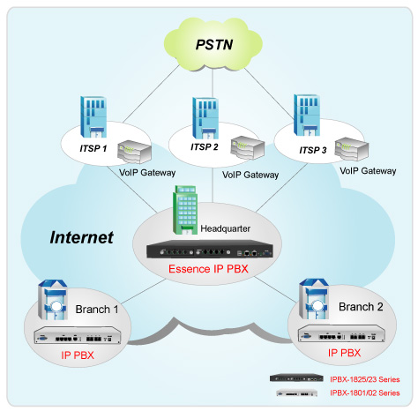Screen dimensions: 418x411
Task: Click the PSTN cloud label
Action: click(x=214, y=45)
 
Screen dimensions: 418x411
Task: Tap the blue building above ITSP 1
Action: click(x=93, y=116)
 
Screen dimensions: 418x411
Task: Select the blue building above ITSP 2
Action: click(x=205, y=118)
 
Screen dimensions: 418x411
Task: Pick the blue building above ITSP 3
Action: click(x=307, y=115)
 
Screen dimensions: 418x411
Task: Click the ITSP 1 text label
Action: click(x=93, y=148)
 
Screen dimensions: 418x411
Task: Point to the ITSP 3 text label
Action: click(x=313, y=150)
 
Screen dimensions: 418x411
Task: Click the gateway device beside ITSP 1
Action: click(x=134, y=152)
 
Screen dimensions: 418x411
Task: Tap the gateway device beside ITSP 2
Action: click(x=248, y=148)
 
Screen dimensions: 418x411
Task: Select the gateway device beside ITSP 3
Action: click(x=352, y=149)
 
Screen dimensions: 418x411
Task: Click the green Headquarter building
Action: click(x=185, y=210)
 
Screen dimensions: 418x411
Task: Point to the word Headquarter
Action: click(x=226, y=228)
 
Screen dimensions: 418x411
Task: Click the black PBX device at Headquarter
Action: click(x=210, y=250)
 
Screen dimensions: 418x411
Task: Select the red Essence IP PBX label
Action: click(x=208, y=269)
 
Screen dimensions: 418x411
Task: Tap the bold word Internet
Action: click(x=81, y=237)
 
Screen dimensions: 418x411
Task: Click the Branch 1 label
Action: click(x=97, y=310)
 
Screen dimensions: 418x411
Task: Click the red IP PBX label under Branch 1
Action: click(x=78, y=355)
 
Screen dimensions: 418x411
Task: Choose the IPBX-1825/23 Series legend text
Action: click(x=365, y=379)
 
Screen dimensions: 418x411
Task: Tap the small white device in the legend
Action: click(x=297, y=392)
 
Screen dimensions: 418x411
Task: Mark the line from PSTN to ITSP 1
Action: click(x=151, y=93)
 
